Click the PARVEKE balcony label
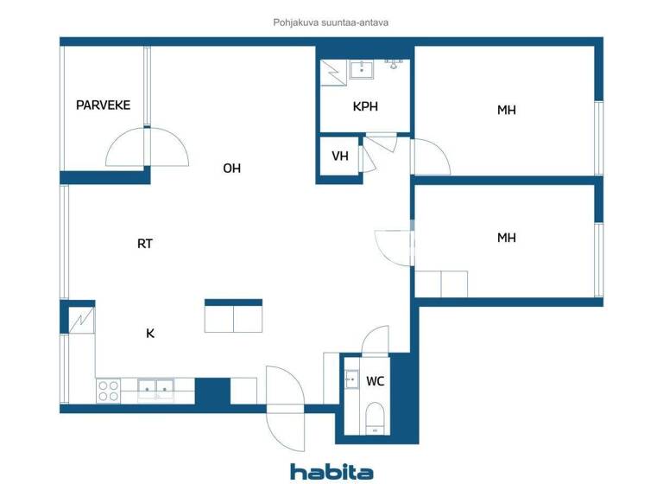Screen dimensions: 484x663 [103, 105]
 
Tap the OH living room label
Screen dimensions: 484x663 [231, 169]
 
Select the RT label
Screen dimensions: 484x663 [145, 244]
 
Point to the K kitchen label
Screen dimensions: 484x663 [150, 332]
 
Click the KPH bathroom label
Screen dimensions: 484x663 [365, 107]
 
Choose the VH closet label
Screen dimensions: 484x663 [340, 156]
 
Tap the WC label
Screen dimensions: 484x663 [376, 381]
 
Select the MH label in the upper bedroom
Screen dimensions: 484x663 [507, 110]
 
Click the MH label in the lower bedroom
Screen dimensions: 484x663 [507, 238]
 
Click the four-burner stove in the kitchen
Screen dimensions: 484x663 [108, 391]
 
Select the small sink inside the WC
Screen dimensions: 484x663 [351, 379]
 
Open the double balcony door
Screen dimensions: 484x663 [147, 147]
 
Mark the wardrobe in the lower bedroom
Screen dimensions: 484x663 [441, 283]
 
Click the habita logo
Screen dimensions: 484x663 [331, 471]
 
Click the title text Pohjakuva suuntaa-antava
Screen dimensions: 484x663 [331, 23]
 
